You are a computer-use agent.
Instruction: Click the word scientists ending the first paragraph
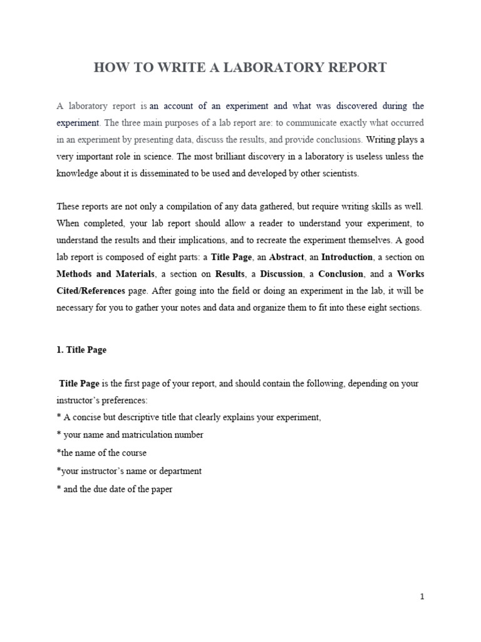[x=338, y=174]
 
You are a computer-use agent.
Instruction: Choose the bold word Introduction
[x=347, y=257]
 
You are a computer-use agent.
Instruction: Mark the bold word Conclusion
[x=341, y=274]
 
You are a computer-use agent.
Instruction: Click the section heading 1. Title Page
[x=81, y=350]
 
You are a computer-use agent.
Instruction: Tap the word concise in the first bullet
[x=88, y=418]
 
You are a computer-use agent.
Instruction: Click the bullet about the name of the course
[x=101, y=453]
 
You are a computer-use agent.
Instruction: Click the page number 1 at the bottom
[x=422, y=597]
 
